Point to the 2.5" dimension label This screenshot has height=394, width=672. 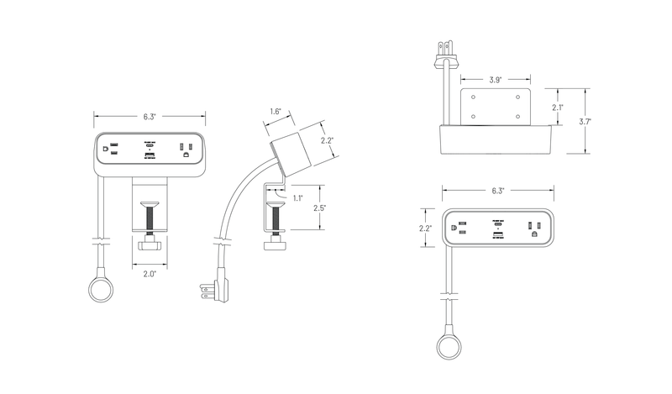pos(320,207)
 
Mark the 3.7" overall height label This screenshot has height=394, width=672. pos(585,121)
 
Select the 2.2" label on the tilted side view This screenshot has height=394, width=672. pos(328,141)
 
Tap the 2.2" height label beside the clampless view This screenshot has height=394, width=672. pos(427,228)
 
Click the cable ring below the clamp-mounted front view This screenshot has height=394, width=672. pos(101,291)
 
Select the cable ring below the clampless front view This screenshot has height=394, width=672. pos(449,345)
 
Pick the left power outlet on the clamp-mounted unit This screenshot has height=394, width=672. pos(108,150)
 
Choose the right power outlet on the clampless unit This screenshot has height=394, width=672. pos(532,227)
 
